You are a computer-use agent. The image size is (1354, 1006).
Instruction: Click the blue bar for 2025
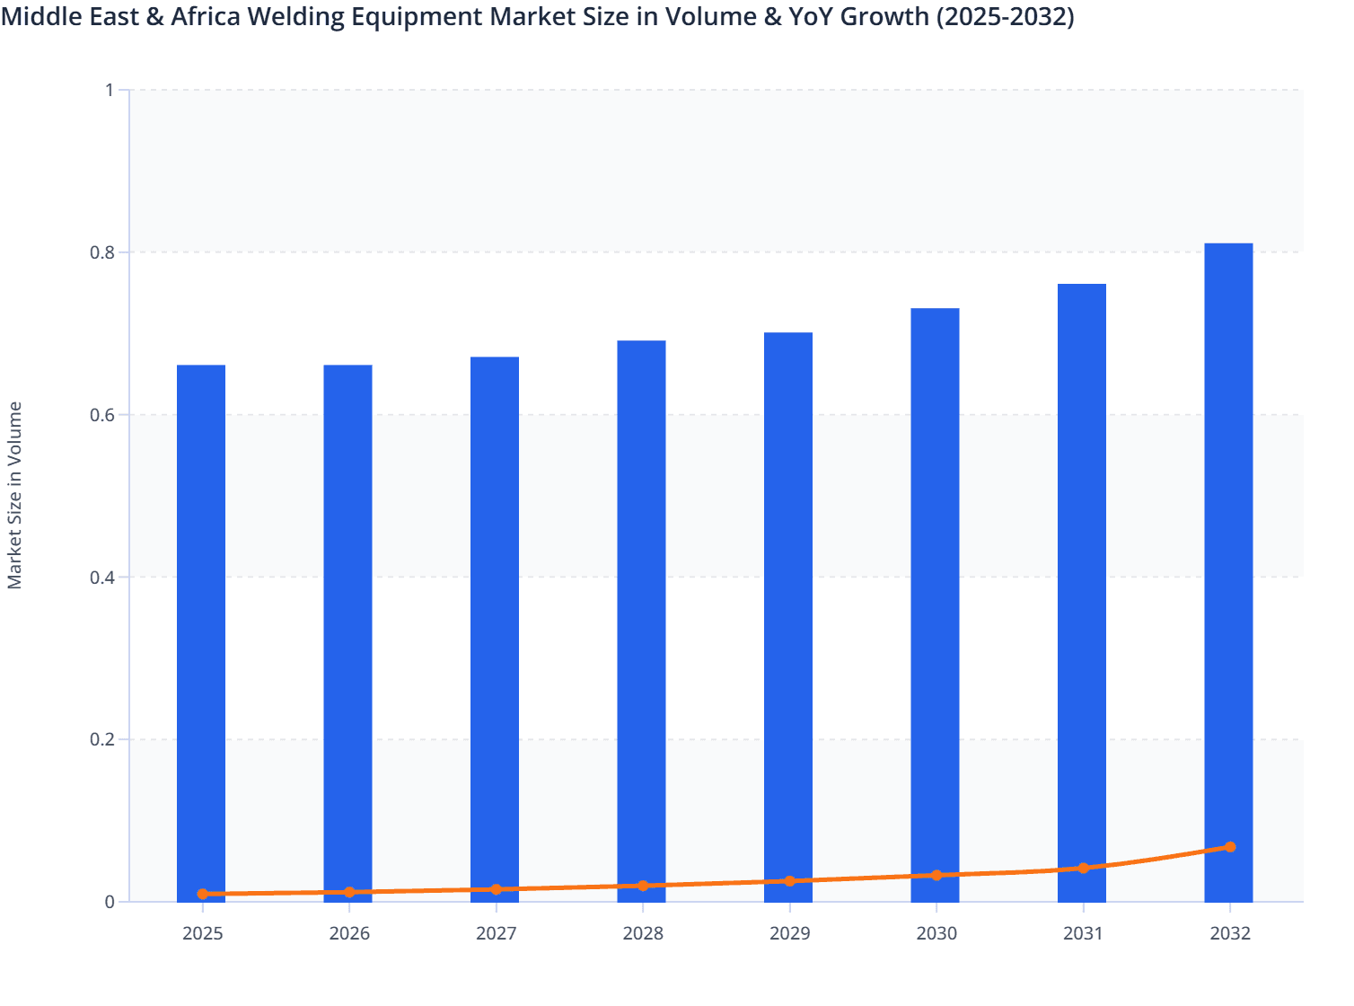[x=201, y=629]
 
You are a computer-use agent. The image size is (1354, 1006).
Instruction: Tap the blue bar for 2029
[x=788, y=611]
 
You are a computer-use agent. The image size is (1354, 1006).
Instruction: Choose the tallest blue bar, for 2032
[x=1228, y=566]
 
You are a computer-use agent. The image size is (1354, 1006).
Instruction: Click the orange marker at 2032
[x=1230, y=847]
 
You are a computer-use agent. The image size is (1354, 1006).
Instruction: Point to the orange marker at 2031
[x=1083, y=869]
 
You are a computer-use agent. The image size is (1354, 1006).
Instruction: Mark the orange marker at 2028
[x=643, y=886]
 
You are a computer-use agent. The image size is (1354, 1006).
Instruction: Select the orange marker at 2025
[x=203, y=894]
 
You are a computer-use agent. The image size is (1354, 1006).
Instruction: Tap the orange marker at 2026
[x=349, y=892]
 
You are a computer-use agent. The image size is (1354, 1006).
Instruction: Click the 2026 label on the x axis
[x=349, y=933]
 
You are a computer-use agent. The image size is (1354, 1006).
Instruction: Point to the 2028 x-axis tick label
[x=643, y=933]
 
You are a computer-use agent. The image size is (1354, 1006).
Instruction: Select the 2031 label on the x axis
[x=1083, y=933]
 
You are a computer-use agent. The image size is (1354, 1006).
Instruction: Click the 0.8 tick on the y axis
[x=101, y=252]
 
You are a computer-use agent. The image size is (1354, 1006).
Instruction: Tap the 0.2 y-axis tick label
[x=101, y=740]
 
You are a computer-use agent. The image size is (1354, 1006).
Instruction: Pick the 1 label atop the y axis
[x=110, y=90]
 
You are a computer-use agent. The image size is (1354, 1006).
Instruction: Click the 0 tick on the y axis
[x=110, y=902]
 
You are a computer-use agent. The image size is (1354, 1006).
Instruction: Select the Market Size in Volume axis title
[x=14, y=495]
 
